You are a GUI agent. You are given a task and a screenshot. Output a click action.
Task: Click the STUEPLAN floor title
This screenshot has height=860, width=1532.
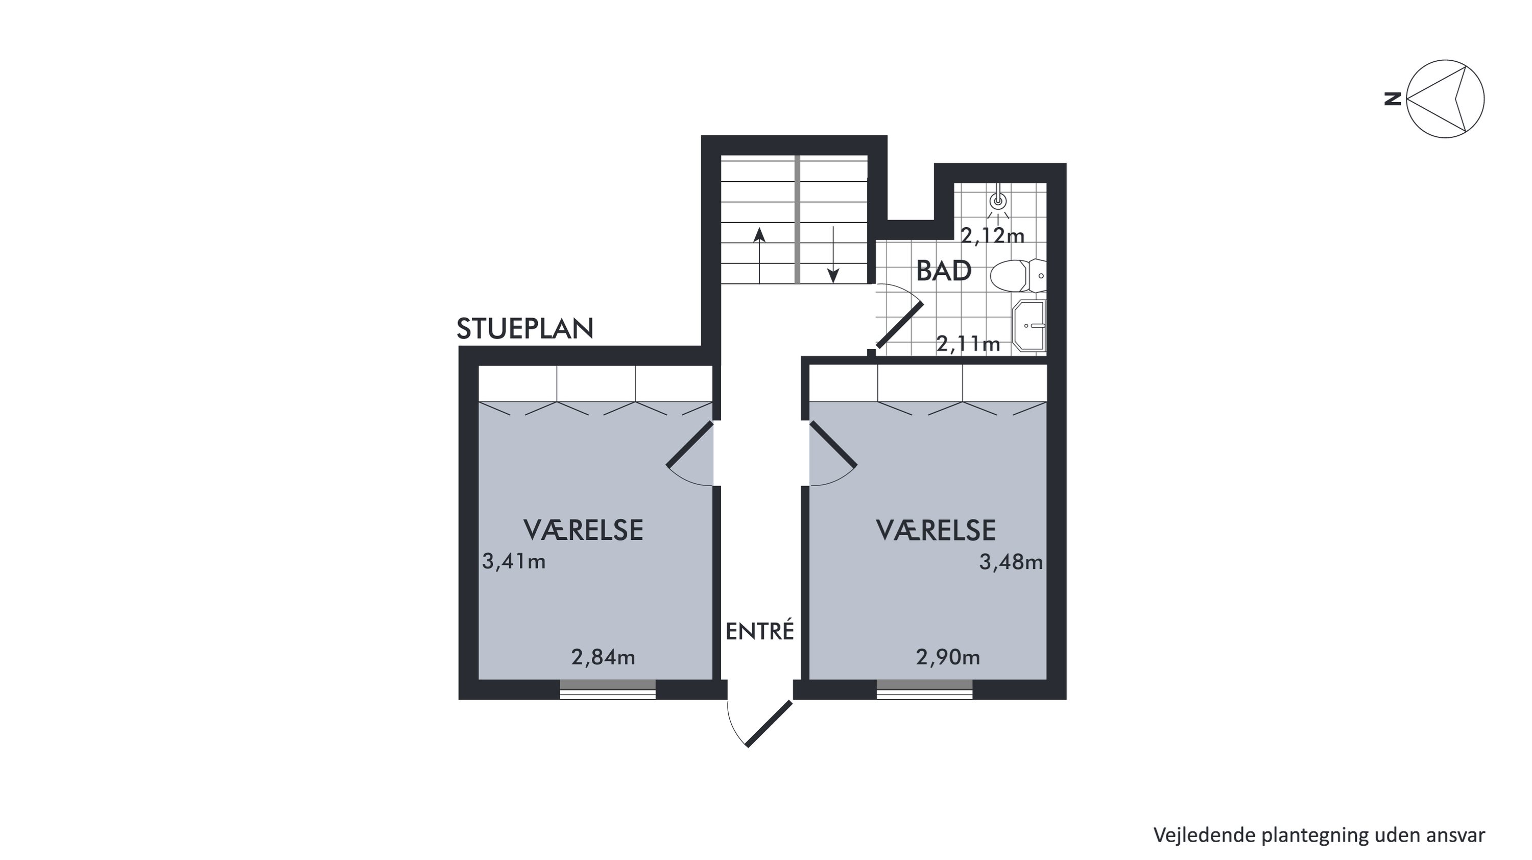(x=525, y=328)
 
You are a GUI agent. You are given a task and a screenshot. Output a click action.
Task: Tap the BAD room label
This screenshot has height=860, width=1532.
(x=944, y=271)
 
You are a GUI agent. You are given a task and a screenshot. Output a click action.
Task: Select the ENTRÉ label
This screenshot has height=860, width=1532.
(x=760, y=631)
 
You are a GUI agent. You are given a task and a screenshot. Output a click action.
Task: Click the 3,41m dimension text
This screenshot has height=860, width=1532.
(x=514, y=561)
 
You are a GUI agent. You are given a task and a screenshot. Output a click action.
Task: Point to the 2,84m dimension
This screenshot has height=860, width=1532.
(x=603, y=657)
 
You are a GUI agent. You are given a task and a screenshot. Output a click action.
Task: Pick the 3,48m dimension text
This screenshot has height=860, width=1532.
(x=1011, y=562)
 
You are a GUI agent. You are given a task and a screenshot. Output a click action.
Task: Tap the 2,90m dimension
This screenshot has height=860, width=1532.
(x=948, y=657)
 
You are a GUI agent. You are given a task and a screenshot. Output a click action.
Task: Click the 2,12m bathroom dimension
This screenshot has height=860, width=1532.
(x=993, y=236)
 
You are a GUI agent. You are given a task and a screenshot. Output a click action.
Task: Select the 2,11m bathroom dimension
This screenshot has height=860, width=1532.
(x=968, y=344)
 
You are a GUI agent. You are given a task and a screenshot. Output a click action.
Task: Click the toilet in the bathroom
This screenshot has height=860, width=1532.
(x=1018, y=276)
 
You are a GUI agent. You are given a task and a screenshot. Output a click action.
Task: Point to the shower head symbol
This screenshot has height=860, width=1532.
(x=998, y=200)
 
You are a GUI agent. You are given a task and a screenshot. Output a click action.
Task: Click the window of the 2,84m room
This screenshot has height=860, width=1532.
(x=607, y=690)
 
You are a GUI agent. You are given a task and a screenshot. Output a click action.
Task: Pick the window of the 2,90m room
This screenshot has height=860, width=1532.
(x=924, y=690)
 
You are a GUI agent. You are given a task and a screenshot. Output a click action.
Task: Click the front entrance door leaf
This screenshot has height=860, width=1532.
(x=769, y=724)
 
